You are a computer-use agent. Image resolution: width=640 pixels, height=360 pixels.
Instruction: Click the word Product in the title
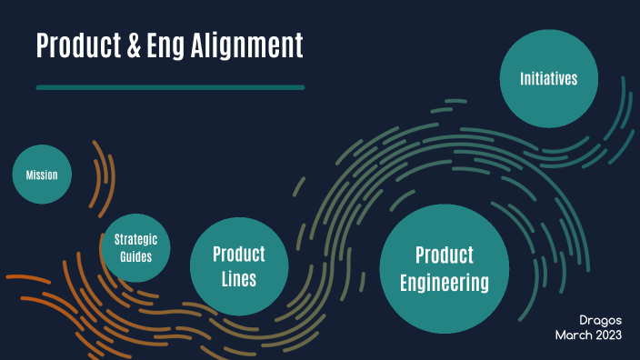[76, 45]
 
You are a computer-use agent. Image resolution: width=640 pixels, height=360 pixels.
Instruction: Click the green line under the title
[170, 87]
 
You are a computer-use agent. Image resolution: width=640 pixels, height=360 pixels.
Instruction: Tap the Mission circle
[42, 174]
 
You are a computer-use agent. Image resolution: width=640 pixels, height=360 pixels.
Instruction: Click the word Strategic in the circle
[136, 240]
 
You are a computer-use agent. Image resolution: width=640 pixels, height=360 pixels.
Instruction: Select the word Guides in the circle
[136, 256]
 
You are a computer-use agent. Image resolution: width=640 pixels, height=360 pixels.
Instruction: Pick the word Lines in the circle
[239, 279]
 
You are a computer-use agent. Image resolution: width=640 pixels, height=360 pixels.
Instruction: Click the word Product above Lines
[239, 254]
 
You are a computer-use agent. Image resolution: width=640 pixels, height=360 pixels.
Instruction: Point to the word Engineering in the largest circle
[445, 284]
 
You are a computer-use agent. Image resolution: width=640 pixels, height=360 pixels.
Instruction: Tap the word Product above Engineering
[445, 255]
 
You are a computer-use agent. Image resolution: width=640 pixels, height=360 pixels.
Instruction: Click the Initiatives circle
[548, 78]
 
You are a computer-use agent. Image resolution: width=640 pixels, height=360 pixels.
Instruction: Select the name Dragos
[601, 320]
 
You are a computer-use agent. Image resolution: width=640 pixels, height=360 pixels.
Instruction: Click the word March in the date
[575, 335]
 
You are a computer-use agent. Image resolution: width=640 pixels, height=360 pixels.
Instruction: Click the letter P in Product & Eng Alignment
[43, 45]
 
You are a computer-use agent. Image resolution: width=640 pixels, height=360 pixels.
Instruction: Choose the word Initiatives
[548, 78]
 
